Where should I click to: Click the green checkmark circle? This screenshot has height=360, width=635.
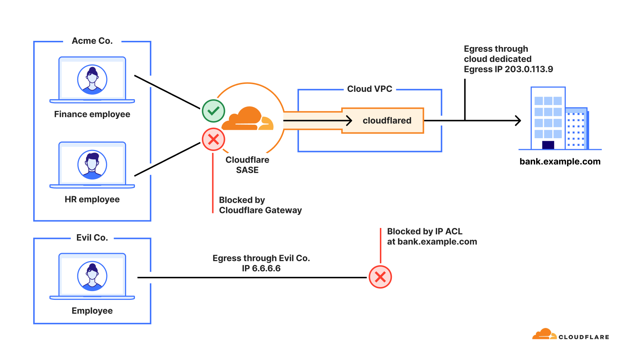click(213, 111)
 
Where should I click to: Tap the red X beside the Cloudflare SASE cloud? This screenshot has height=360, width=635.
click(213, 139)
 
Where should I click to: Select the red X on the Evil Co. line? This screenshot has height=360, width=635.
click(380, 277)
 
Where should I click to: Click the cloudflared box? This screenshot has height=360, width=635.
click(386, 121)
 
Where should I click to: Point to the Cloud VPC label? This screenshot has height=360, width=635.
click(370, 89)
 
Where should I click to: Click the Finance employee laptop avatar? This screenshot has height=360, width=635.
click(92, 80)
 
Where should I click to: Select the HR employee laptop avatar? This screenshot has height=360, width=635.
click(92, 165)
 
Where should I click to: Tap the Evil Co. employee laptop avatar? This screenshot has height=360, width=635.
click(92, 276)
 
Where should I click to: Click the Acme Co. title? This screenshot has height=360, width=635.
click(92, 41)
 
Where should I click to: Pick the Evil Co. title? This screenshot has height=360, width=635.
click(92, 238)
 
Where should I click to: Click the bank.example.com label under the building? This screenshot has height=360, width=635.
click(560, 162)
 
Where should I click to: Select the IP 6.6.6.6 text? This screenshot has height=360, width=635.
click(261, 268)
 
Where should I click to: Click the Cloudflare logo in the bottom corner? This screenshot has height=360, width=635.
click(570, 335)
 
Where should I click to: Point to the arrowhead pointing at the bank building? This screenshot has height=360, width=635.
click(518, 121)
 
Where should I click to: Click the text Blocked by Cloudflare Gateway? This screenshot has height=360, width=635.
click(260, 205)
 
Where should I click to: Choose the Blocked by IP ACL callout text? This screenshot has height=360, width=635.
click(432, 236)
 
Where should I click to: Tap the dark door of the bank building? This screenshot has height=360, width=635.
click(548, 145)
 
